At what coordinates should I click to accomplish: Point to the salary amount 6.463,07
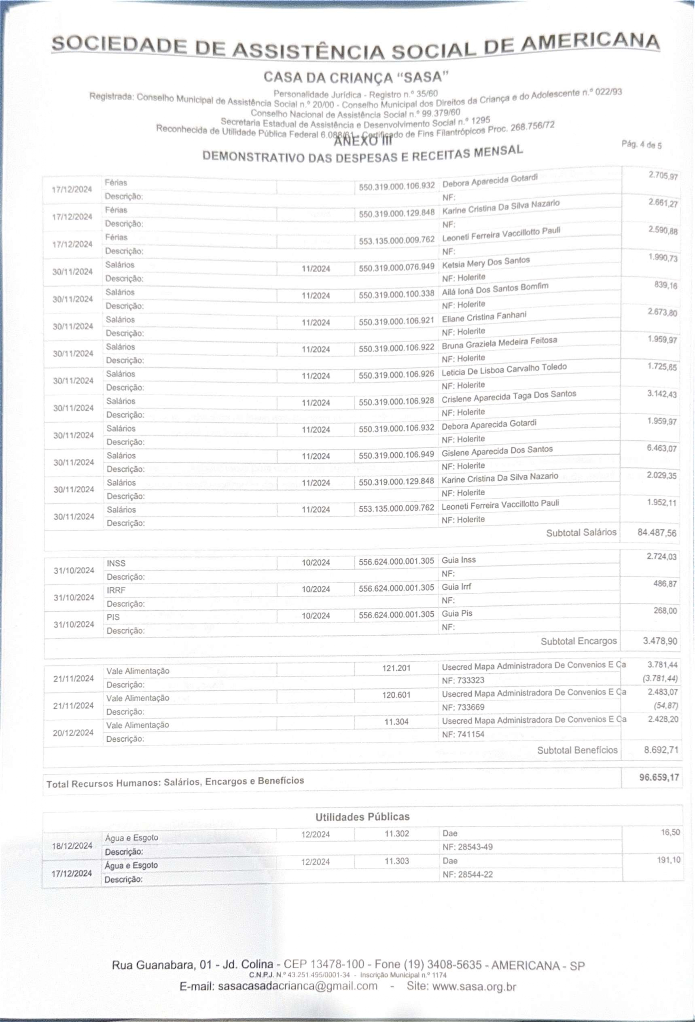662,449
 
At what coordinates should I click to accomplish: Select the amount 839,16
665,285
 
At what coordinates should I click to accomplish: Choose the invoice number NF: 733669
463,707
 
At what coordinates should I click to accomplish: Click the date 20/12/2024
73,733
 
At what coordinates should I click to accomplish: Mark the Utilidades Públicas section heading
362,817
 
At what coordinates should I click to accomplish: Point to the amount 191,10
669,860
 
